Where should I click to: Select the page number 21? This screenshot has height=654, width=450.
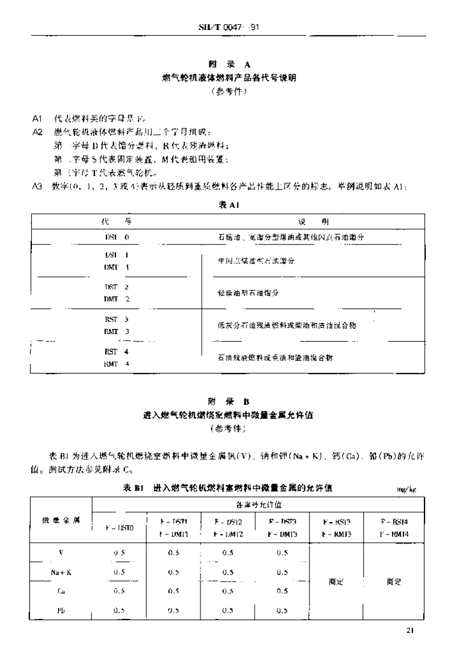click(x=410, y=631)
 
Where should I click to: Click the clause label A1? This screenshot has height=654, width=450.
click(x=37, y=119)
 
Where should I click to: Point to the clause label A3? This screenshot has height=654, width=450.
click(x=37, y=186)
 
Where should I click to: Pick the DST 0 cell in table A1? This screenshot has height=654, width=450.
click(x=117, y=237)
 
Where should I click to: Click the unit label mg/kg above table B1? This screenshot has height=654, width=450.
click(x=407, y=490)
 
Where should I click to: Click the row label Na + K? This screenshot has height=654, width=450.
click(x=61, y=572)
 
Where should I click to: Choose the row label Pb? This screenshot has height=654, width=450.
click(x=61, y=610)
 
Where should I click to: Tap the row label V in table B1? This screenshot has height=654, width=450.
click(x=61, y=553)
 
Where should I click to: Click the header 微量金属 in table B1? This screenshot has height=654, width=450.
click(x=61, y=520)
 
